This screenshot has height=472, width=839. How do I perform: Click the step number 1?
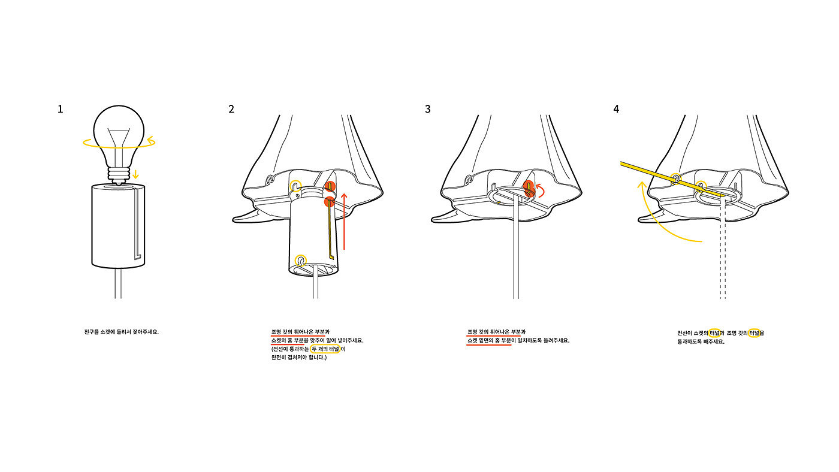coord(60,109)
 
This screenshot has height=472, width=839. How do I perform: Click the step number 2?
coord(231,109)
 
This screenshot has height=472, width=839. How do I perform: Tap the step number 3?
coord(427,109)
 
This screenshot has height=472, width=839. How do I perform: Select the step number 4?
coord(616,109)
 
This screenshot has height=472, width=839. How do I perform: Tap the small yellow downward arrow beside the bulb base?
coord(136,174)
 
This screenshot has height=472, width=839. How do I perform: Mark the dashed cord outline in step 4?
coord(723,252)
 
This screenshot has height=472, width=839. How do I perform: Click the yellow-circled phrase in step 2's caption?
coord(325,349)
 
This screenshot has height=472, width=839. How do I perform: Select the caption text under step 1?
coord(122,331)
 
